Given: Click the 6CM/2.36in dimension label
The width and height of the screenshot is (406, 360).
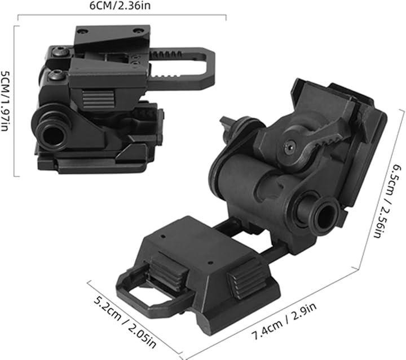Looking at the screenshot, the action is coord(120,6).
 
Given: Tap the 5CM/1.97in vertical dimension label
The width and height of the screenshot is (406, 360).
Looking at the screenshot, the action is coord(5,101).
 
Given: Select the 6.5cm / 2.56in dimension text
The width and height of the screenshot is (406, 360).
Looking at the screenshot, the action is coord(387,201).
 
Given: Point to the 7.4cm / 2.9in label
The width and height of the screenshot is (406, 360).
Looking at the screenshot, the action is coord(284,322).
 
